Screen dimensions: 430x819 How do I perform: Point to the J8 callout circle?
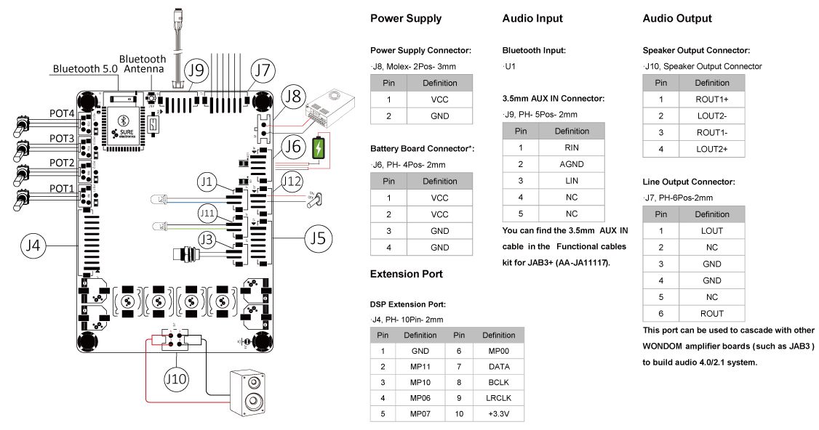293,97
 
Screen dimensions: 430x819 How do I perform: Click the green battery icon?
318,149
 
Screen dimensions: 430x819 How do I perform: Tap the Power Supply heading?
406,19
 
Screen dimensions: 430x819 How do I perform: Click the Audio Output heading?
677,19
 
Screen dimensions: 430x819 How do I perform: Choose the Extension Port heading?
407,275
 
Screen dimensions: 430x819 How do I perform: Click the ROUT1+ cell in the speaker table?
712,100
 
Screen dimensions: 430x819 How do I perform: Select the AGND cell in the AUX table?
572,164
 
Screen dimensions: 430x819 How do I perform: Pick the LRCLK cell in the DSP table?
498,398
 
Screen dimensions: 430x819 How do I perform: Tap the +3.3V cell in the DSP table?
498,414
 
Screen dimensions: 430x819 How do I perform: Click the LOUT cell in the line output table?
712,231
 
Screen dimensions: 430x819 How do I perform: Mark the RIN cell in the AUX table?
572,147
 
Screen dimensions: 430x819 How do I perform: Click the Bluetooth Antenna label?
143,64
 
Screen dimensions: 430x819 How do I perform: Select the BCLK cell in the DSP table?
498,382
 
